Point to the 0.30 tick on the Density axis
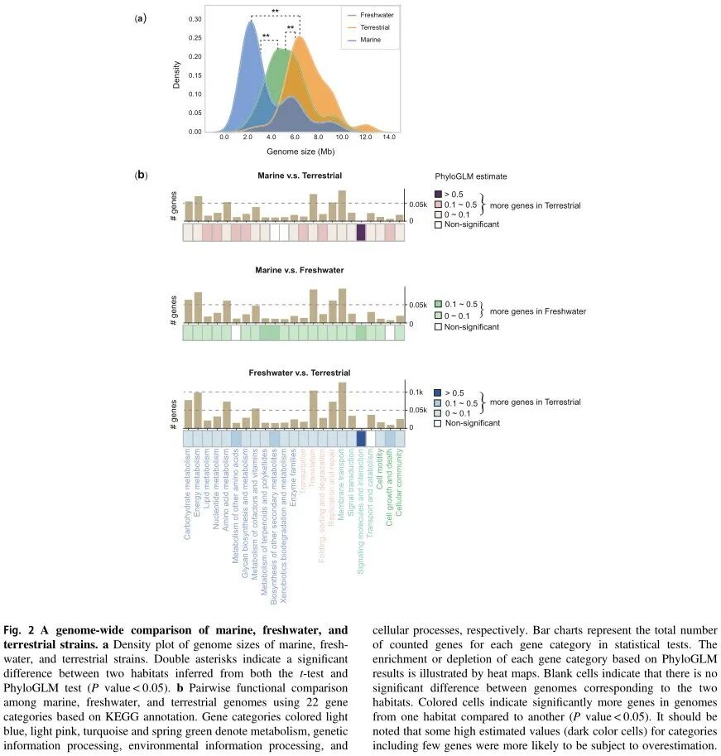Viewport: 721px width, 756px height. (x=195, y=18)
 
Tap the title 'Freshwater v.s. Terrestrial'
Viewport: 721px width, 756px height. (x=294, y=373)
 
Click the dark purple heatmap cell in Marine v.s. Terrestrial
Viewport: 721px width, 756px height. (x=361, y=234)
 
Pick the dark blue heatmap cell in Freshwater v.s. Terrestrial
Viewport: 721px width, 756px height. (x=361, y=439)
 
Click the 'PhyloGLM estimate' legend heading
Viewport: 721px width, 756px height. (x=470, y=176)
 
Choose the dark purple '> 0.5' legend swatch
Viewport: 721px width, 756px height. (x=439, y=194)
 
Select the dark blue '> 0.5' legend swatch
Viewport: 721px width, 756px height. (x=439, y=392)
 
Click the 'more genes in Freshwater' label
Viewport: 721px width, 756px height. (x=537, y=312)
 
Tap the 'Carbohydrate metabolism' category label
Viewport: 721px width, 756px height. (x=188, y=494)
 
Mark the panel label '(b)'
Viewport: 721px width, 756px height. (x=142, y=176)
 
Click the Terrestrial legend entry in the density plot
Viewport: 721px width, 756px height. (x=372, y=27)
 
